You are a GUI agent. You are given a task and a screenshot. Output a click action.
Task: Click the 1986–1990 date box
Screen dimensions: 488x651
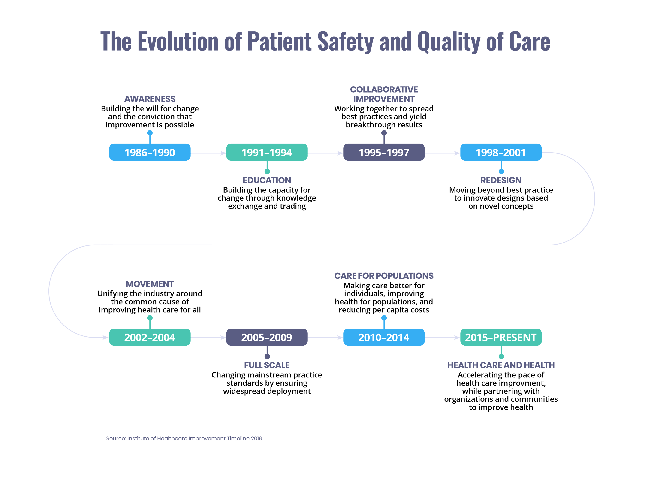click(x=150, y=152)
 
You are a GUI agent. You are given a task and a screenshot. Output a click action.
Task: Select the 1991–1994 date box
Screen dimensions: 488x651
click(x=267, y=152)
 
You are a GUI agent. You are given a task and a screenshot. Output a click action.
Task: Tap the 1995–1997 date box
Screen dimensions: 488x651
click(x=384, y=152)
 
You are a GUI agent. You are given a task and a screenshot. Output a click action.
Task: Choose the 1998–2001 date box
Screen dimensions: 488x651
click(x=501, y=152)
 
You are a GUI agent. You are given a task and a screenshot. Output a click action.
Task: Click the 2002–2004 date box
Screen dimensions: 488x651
click(x=150, y=337)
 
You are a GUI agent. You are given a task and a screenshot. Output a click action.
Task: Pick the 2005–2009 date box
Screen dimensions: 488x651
click(x=267, y=337)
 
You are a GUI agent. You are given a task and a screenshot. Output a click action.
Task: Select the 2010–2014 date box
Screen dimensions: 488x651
click(x=384, y=337)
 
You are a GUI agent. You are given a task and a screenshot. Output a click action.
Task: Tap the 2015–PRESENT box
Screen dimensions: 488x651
click(x=501, y=337)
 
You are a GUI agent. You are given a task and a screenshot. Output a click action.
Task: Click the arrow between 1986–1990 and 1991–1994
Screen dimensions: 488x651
click(x=208, y=153)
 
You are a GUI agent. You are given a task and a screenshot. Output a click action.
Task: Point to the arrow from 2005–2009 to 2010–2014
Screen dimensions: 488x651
click(x=325, y=338)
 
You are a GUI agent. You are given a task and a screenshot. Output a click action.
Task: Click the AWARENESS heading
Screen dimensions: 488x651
click(x=150, y=99)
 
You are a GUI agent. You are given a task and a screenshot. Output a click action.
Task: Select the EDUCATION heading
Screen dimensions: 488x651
click(x=267, y=180)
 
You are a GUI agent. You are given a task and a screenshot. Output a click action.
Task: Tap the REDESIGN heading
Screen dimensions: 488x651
click(x=501, y=180)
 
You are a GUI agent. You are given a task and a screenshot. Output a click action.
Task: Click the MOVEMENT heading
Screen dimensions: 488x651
click(x=150, y=284)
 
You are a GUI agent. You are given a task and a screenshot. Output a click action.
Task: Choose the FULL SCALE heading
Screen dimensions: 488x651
click(x=267, y=365)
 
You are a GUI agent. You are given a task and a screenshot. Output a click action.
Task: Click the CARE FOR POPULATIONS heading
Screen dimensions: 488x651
click(x=384, y=276)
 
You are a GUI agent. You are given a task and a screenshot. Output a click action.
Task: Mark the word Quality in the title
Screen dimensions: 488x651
click(x=449, y=42)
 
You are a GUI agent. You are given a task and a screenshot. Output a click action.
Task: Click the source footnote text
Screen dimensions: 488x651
click(x=184, y=438)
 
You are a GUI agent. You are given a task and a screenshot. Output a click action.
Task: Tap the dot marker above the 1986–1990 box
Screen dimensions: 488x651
click(x=150, y=133)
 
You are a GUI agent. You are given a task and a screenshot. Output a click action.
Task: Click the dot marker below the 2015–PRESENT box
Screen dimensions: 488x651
click(x=501, y=356)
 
